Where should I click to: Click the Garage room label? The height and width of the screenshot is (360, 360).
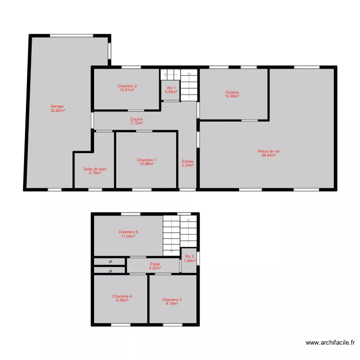tap(57, 107)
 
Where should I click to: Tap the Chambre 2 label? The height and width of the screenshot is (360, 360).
tap(127, 86)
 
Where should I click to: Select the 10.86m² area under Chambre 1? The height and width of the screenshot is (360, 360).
tap(146, 164)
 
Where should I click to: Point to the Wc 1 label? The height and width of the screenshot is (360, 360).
tap(171, 88)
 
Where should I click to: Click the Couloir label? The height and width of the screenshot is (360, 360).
tap(136, 119)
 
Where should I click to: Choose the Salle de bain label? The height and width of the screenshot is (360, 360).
tap(95, 169)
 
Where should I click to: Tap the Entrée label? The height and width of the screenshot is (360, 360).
tap(188, 162)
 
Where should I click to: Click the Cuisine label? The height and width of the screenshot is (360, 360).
tap(232, 92)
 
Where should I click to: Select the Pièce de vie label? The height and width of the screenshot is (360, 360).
tap(268, 151)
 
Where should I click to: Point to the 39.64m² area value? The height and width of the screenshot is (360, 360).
tap(268, 155)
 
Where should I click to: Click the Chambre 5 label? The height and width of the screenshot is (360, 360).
tap(128, 232)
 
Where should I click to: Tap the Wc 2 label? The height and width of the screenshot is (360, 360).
tap(190, 257)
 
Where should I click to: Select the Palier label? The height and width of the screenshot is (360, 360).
tap(155, 264)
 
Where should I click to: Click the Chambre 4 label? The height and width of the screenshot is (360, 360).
tap(122, 296)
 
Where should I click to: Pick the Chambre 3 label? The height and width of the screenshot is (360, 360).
tap(172, 300)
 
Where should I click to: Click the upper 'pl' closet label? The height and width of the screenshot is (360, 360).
tap(110, 262)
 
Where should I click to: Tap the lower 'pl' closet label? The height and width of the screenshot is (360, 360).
tap(110, 271)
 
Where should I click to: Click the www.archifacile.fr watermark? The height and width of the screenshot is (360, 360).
tap(330, 343)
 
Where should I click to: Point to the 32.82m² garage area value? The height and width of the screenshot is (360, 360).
tap(57, 110)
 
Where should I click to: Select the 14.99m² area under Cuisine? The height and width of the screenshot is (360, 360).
tap(232, 96)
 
